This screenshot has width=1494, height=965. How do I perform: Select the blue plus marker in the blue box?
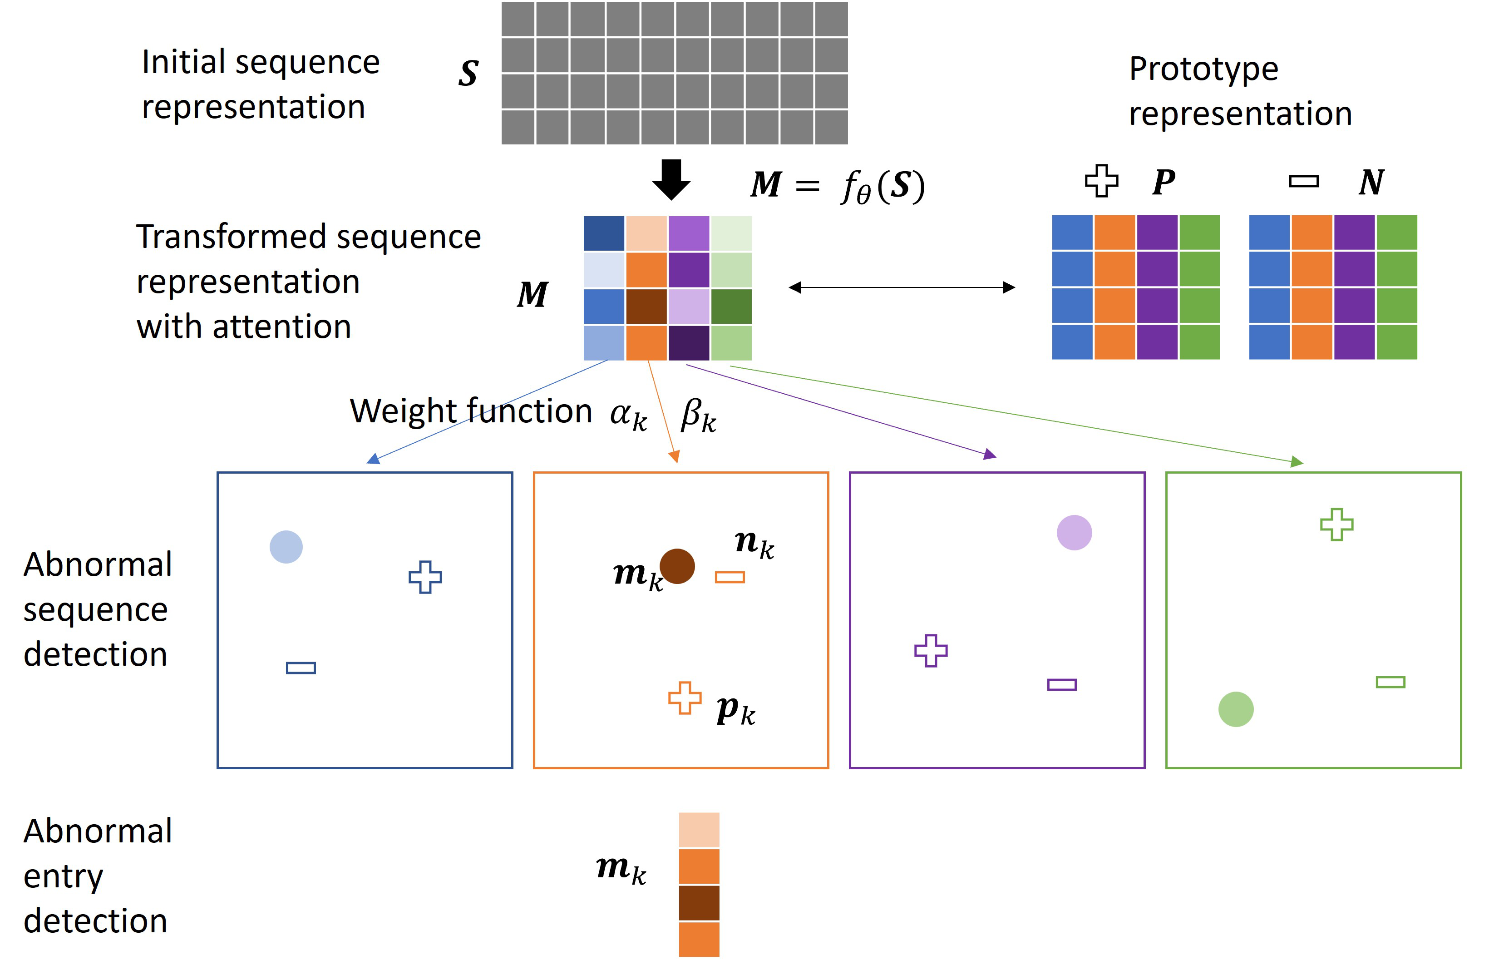425,577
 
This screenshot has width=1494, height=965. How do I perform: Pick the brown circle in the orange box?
677,566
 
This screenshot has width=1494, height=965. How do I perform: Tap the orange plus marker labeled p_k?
684,698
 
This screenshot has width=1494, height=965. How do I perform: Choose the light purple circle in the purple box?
1074,533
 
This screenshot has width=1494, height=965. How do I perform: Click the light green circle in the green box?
1235,709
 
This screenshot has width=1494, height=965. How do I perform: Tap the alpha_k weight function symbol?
628,415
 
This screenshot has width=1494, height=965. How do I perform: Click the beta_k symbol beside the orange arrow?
698,415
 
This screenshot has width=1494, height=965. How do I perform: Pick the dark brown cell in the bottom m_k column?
699,903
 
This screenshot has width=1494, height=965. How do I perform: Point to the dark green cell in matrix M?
731,307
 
